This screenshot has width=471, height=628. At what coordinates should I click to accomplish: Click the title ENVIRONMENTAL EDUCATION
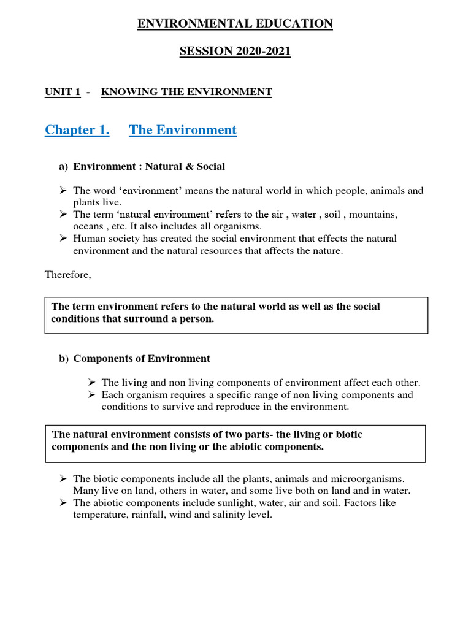[235, 24]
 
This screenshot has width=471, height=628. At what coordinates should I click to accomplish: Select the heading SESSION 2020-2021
[235, 52]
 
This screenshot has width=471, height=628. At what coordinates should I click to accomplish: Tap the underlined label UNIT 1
[63, 92]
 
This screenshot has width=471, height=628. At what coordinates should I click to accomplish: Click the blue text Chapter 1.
[77, 130]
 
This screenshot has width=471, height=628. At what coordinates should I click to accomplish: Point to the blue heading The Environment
[183, 130]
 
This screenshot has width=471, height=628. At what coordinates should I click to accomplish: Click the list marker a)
[64, 166]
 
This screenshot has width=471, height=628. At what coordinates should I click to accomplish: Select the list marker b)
[64, 359]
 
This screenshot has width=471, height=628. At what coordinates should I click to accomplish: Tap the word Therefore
[67, 275]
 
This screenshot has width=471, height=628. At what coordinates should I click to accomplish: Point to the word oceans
[88, 226]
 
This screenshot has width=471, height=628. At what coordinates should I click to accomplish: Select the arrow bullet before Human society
[63, 239]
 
